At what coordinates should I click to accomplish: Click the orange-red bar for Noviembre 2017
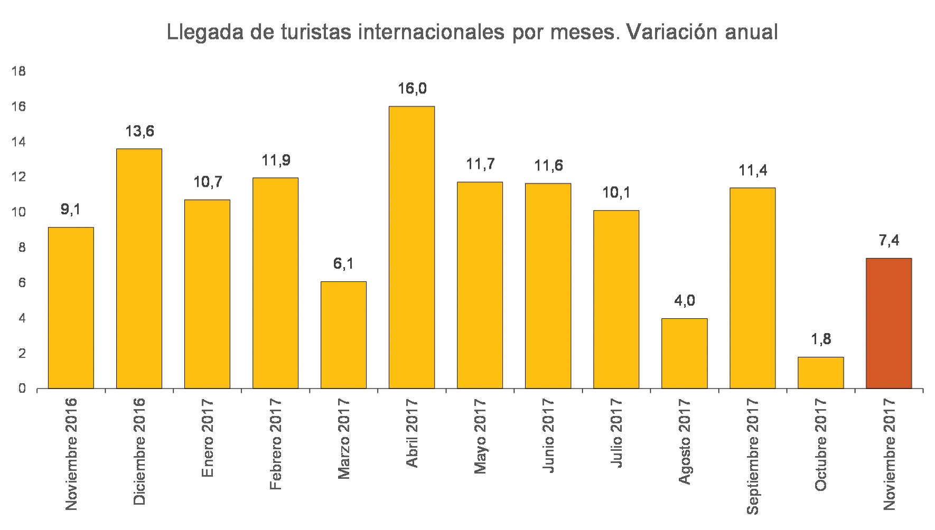889,323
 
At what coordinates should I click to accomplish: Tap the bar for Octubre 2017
820,373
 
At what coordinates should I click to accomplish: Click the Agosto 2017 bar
684,353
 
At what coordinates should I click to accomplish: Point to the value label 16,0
412,89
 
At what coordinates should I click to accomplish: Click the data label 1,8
821,339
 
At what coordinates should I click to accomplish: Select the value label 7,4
889,241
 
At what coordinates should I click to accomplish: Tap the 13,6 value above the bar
139,131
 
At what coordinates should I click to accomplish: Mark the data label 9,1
71,210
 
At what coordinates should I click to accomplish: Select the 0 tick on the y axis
22,389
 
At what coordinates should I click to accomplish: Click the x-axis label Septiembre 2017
752,456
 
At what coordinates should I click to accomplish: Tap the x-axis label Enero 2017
207,438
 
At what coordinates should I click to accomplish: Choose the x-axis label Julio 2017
616,433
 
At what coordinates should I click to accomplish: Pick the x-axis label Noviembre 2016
71,454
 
